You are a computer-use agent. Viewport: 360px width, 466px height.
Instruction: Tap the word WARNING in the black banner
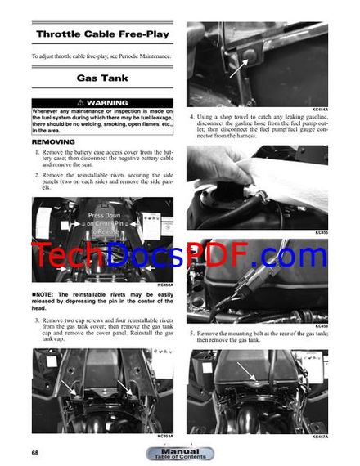click(106, 103)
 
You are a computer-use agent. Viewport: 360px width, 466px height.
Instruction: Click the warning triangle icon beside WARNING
click(79, 103)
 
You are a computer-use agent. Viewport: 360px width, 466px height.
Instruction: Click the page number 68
click(35, 453)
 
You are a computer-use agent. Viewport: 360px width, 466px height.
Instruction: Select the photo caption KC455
click(321, 232)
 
